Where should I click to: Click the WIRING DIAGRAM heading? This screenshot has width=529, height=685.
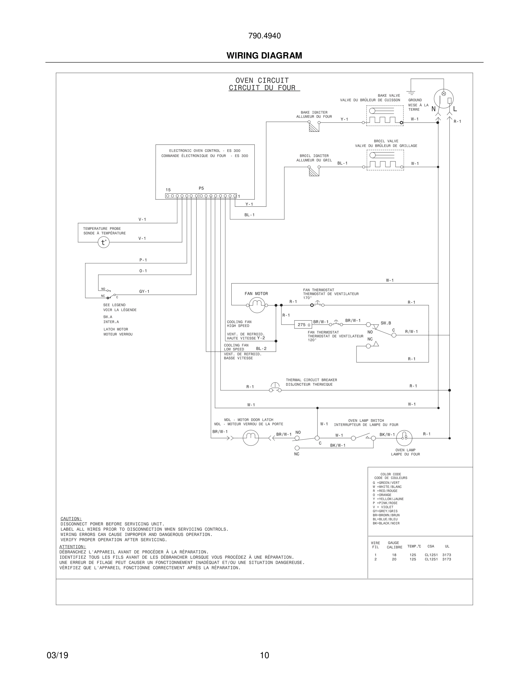pos(264,56)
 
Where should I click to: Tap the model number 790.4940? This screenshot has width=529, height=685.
pos(264,36)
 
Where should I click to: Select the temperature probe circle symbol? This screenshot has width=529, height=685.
pos(104,242)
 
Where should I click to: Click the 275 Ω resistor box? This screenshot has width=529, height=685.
pos(303,325)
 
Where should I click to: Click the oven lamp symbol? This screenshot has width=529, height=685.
pos(404,438)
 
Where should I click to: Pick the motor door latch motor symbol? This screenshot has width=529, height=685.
pos(251,438)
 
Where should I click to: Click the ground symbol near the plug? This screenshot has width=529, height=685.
pos(411,93)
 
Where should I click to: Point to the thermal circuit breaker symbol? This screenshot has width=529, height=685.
pos(275,388)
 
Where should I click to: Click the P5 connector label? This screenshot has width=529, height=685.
pos(201,189)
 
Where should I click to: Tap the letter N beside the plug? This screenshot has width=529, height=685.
pos(433,109)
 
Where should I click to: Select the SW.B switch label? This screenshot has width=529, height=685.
pos(386,323)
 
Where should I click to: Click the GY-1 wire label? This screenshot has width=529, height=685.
pos(144,292)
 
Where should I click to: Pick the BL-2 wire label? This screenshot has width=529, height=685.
pos(261,349)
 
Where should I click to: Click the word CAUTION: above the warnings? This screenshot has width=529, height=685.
pos(71,519)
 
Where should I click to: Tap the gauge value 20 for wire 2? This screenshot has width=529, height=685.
pos(394,559)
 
